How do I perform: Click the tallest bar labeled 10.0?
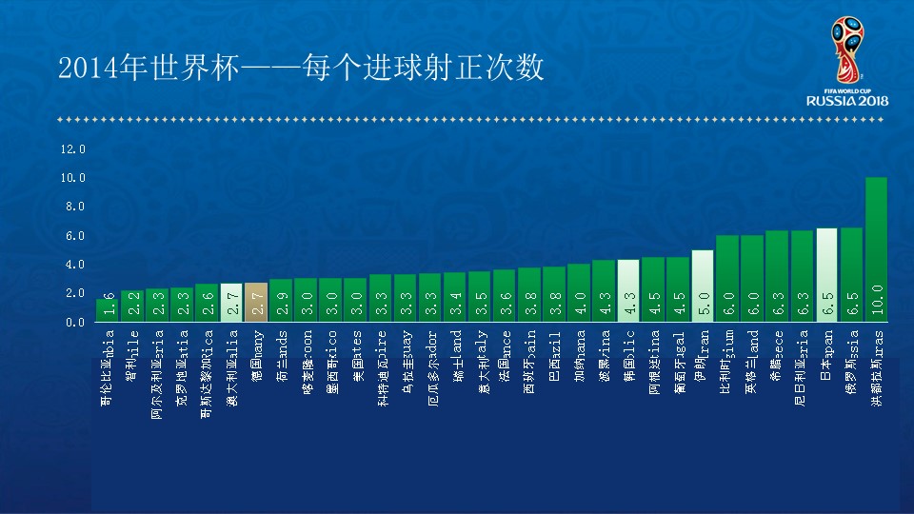876,249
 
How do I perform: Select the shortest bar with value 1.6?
108,310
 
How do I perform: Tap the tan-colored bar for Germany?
256,303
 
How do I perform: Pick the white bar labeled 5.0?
703,286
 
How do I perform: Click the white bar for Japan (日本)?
826,275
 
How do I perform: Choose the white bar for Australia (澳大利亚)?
231,303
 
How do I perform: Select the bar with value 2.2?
132,306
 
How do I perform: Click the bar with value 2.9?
281,301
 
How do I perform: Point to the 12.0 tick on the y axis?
73,149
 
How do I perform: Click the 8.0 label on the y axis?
75,207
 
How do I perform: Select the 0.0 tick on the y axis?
75,322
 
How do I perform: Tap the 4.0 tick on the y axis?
75,265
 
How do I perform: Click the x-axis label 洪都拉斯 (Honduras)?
876,367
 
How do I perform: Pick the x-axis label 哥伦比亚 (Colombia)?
108,367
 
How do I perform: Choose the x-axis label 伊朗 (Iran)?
703,354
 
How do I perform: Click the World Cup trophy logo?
845,52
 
